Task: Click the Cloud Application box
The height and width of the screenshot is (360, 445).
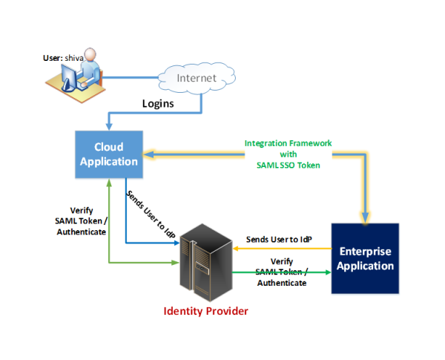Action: (x=108, y=154)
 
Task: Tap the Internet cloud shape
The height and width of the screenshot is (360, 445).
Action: (x=197, y=76)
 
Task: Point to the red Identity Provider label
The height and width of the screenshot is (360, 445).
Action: (x=206, y=310)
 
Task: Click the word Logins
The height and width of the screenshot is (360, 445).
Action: (x=158, y=103)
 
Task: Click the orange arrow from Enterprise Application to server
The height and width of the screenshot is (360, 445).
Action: (x=282, y=249)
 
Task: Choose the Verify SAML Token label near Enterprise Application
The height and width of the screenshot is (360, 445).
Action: (x=281, y=272)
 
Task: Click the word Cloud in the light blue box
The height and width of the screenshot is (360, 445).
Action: (x=108, y=147)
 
